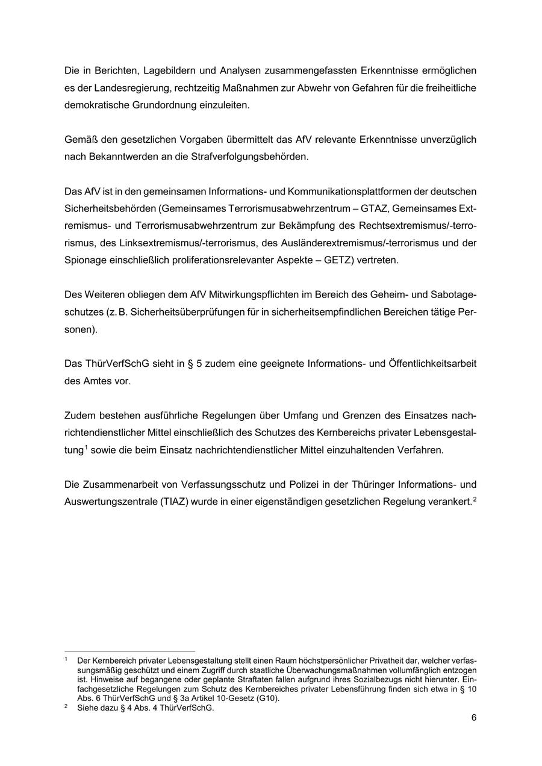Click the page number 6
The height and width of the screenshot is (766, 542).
pyautogui.click(x=474, y=718)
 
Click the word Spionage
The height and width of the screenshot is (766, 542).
pyautogui.click(x=85, y=260)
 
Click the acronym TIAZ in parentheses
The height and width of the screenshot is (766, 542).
pyautogui.click(x=175, y=502)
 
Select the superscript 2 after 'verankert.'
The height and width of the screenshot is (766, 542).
pyautogui.click(x=475, y=499)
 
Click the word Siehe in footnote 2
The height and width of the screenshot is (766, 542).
pyautogui.click(x=87, y=708)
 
